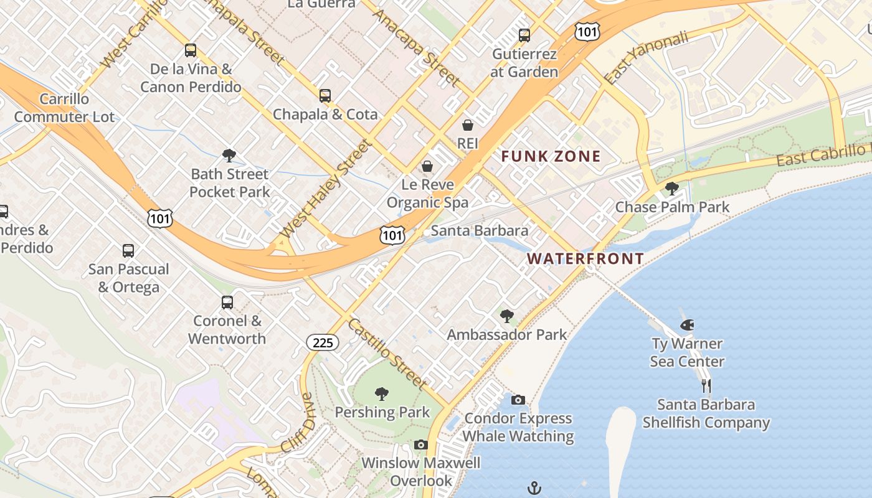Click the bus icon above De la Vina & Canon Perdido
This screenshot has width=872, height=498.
pos(191,50)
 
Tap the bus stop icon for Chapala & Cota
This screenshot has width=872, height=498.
pos(325,96)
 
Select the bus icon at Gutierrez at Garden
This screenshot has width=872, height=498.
pos(524,35)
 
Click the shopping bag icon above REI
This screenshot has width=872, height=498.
pos(467,125)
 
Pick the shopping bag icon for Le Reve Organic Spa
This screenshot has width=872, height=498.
pos(427,166)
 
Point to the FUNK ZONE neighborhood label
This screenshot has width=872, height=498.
pos(551,156)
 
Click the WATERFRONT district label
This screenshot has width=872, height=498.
pos(585,258)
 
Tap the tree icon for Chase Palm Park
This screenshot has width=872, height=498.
pos(671,188)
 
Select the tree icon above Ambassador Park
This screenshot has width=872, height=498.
pos(507,316)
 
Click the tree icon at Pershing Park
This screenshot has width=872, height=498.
pos(382,393)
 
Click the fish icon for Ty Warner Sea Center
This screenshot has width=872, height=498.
pos(687,325)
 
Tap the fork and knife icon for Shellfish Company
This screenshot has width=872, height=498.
pos(706,386)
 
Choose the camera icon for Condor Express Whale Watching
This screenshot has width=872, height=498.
pos(518,400)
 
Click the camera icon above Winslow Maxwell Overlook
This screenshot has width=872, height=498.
pos(421,444)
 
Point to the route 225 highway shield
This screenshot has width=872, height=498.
pos(322,342)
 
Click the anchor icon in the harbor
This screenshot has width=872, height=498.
pos(534,487)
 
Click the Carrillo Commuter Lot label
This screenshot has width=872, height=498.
pos(64,108)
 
